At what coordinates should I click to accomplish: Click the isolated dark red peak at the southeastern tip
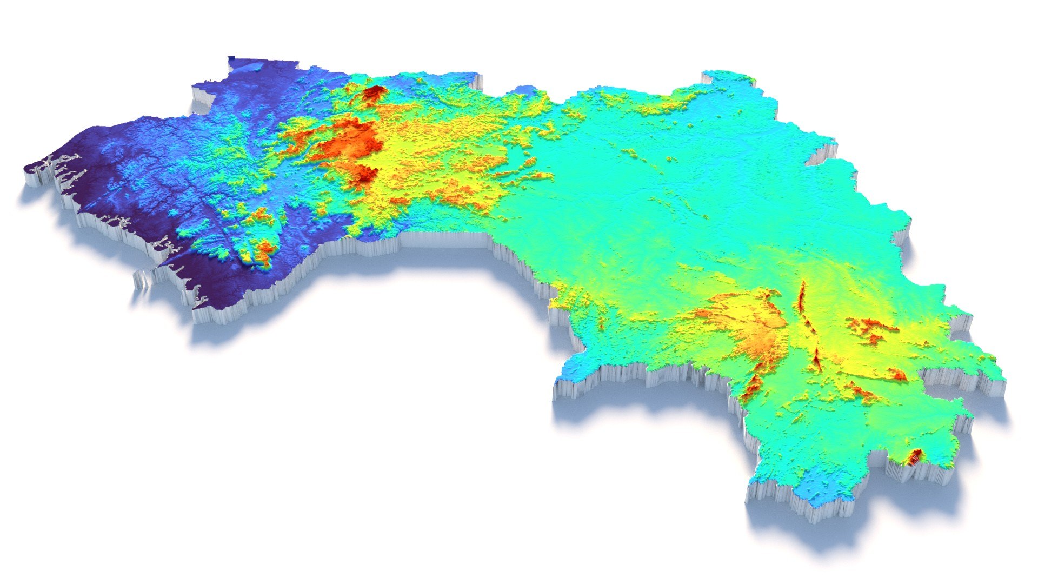click(x=915, y=457)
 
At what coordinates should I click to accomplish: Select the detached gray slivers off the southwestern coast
click(x=142, y=281)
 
